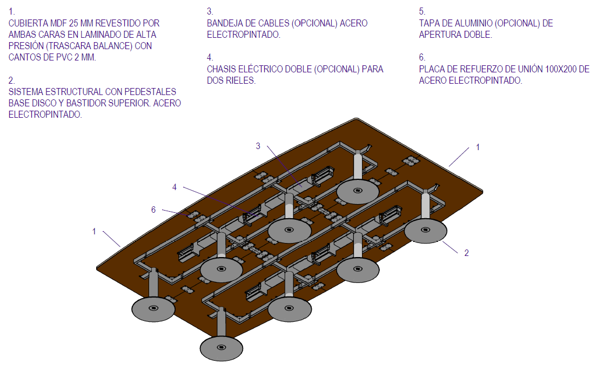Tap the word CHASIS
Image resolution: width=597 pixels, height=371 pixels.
click(223, 69)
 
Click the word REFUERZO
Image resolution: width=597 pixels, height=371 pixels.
click(473, 69)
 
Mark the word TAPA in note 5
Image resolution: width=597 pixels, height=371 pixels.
click(430, 23)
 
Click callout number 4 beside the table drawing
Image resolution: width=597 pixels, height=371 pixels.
click(175, 187)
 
